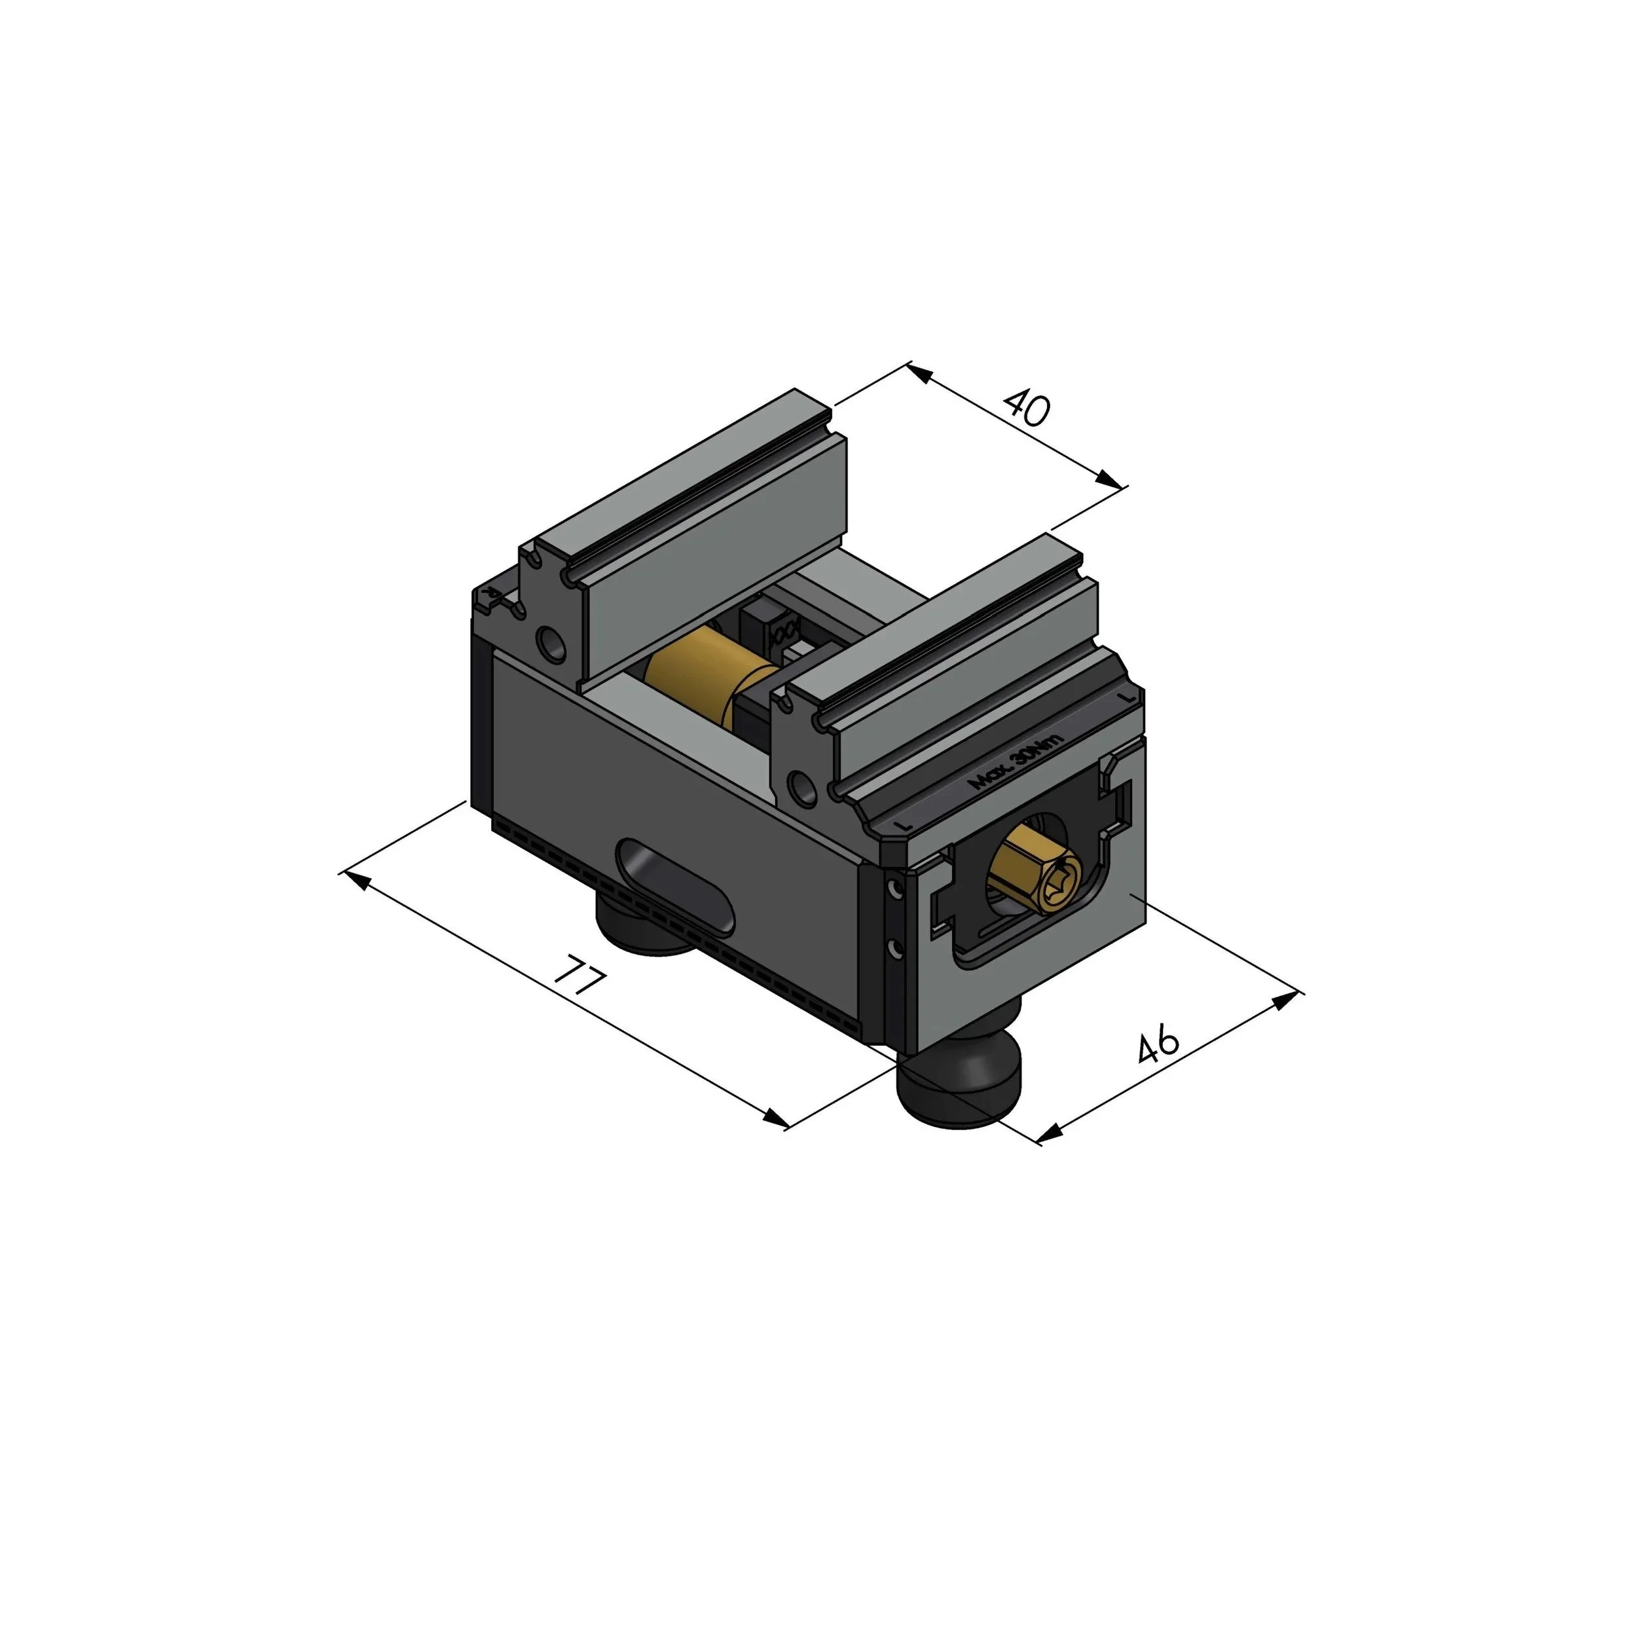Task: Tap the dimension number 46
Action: click(x=1158, y=1043)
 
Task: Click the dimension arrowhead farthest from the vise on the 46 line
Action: click(x=1287, y=1000)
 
